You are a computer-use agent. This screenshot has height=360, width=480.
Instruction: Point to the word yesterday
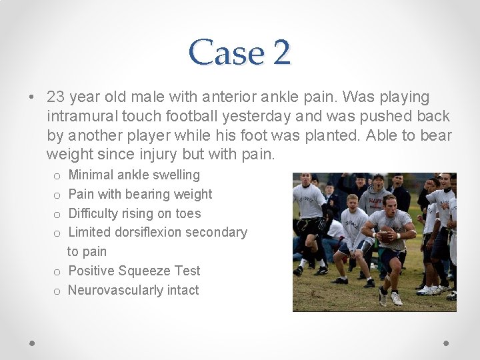(x=257, y=117)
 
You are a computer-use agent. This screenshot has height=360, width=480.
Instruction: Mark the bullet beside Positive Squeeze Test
(x=57, y=272)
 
